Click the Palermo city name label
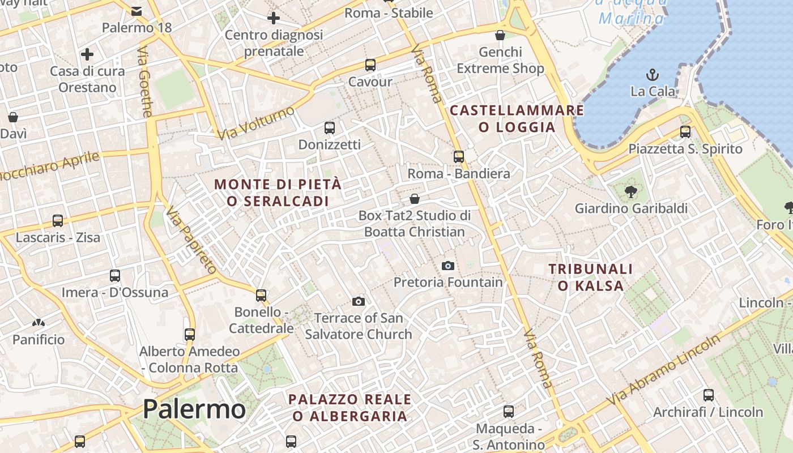(x=194, y=408)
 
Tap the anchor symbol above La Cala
(x=653, y=74)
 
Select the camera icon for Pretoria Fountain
(x=448, y=266)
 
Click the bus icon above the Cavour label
(x=370, y=65)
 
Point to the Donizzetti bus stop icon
(x=330, y=128)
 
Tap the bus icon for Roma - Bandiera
(x=459, y=157)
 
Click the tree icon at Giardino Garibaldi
(x=631, y=192)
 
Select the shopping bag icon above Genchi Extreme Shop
(x=500, y=35)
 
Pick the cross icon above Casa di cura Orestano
(x=87, y=54)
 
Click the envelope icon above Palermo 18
(x=137, y=11)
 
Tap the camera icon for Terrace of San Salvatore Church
(x=359, y=301)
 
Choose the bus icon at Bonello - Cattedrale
(x=261, y=295)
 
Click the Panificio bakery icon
(x=39, y=323)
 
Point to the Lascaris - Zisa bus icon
(x=58, y=220)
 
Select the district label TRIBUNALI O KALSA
(x=590, y=277)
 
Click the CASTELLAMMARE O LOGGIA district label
(x=517, y=118)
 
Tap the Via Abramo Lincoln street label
(x=663, y=370)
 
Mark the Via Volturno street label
(x=257, y=122)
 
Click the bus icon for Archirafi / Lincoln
(x=709, y=395)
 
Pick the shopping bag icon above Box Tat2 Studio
(x=415, y=199)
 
